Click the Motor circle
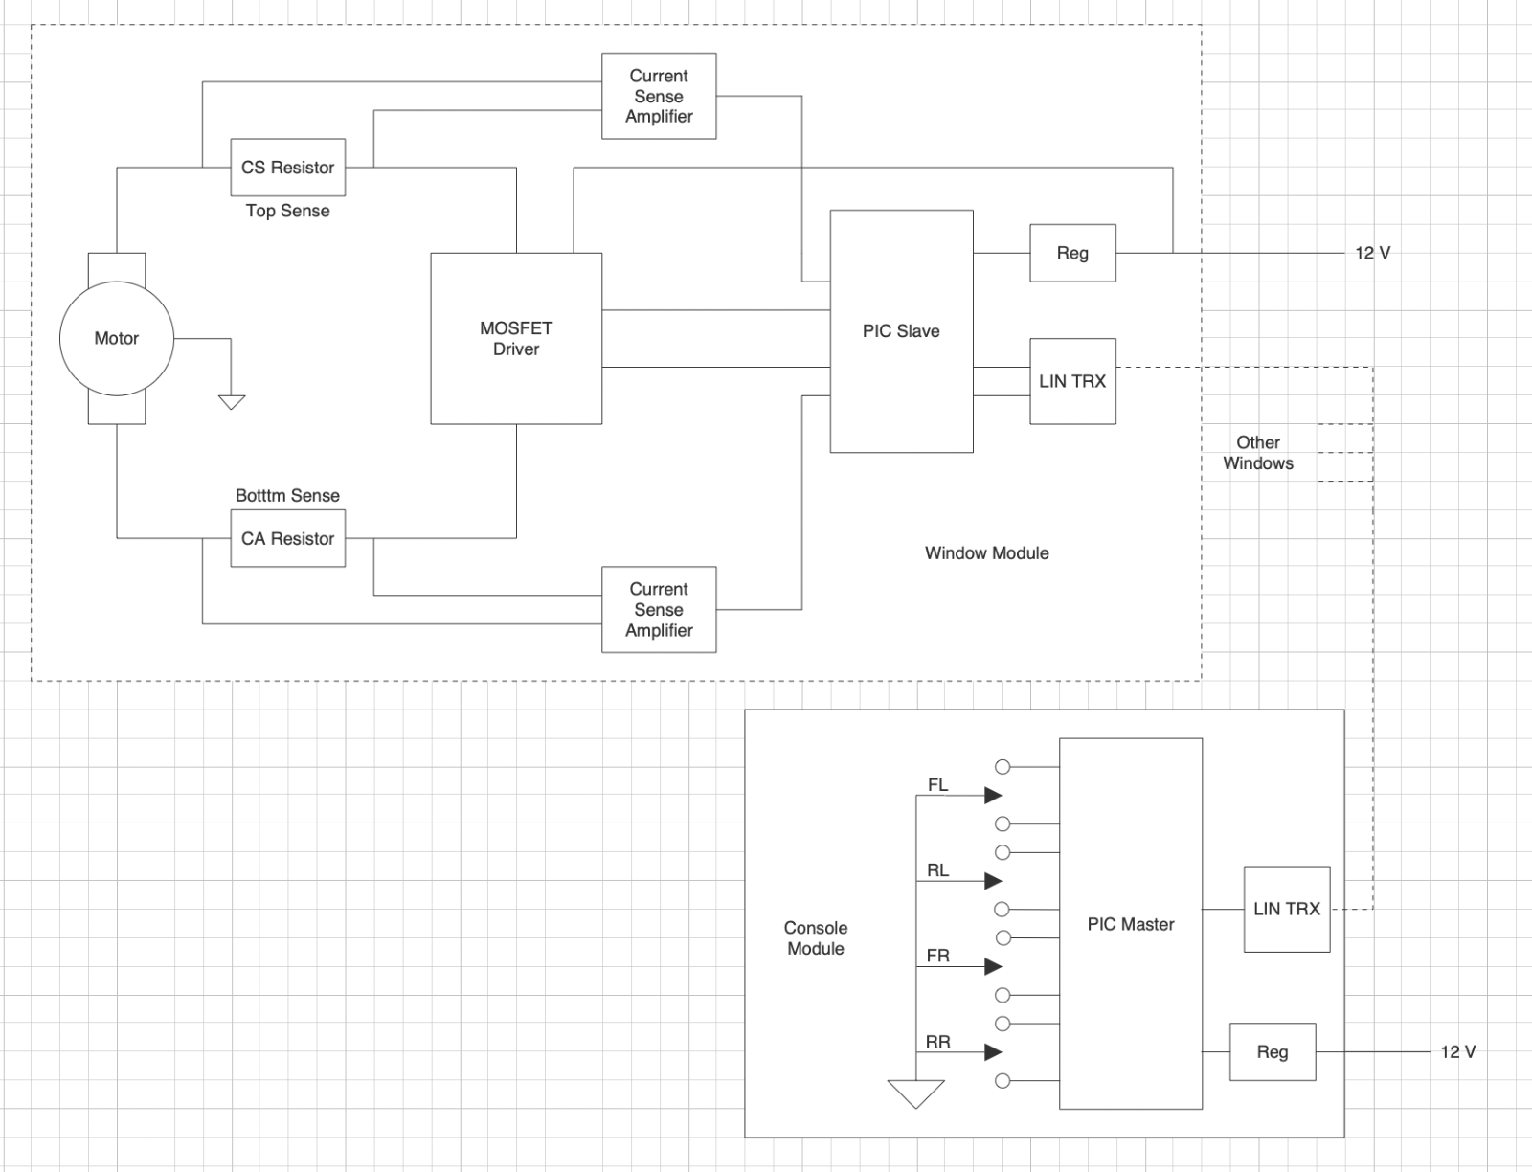[116, 338]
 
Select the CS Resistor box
[287, 168]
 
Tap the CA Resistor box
[287, 538]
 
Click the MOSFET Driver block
[516, 338]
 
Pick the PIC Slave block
[901, 331]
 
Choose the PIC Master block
[1130, 924]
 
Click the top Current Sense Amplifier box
[659, 96]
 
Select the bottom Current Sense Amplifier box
[659, 610]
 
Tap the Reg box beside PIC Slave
[1072, 253]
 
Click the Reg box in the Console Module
[1272, 1051]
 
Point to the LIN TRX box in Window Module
[1072, 381]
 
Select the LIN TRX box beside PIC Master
[1286, 909]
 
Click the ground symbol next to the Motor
[232, 401]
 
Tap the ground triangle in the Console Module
[915, 1093]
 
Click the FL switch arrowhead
[993, 795]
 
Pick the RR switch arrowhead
[993, 1052]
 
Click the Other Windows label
[1257, 453]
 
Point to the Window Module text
[986, 552]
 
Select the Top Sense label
[287, 211]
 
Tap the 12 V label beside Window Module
[1372, 253]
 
